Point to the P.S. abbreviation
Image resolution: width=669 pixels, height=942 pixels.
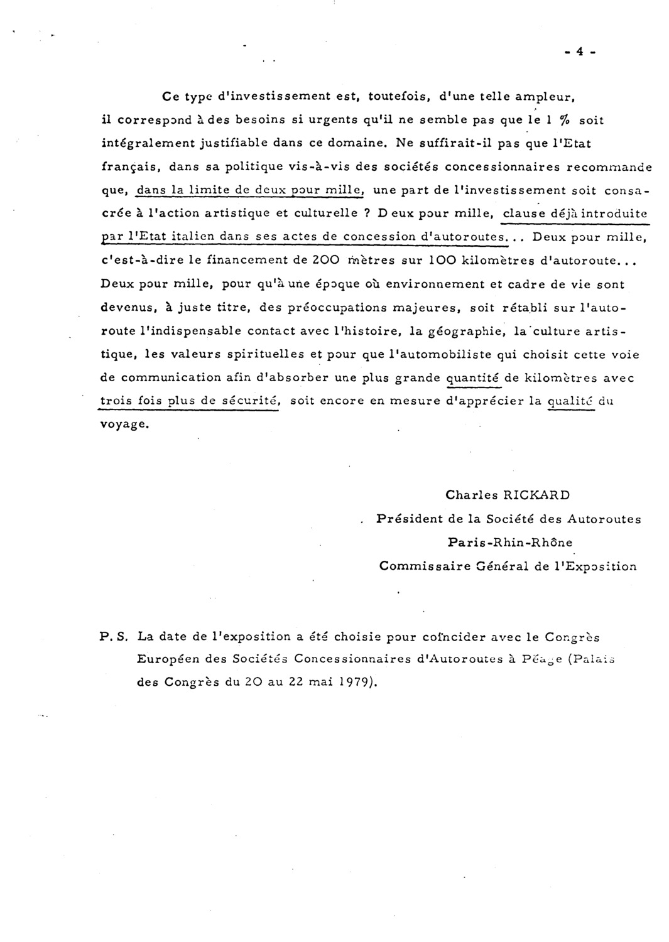pos(114,637)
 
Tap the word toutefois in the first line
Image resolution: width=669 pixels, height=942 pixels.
pos(398,97)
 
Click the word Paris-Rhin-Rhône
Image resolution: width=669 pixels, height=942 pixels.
pos(509,543)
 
